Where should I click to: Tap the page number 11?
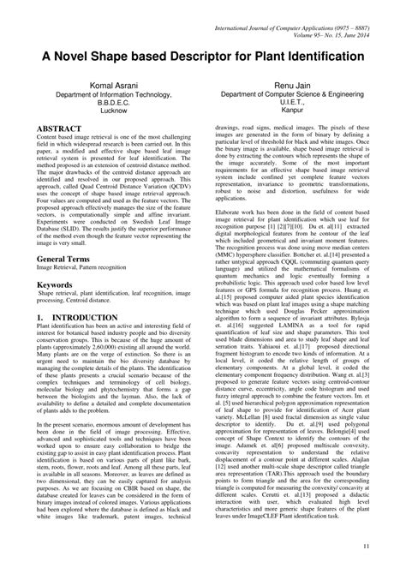[367, 546]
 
